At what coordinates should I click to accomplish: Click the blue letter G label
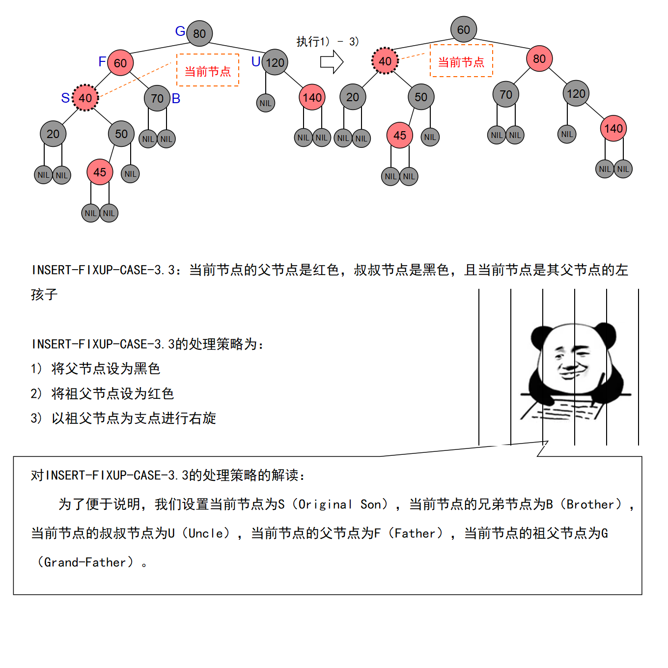tap(180, 31)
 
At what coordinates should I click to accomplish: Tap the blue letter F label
tap(102, 62)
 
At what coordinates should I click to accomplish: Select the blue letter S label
tap(65, 98)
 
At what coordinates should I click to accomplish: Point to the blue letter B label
tap(176, 98)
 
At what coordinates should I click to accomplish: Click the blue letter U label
tap(256, 62)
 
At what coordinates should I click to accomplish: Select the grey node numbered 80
tap(199, 33)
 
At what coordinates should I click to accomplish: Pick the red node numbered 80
tap(539, 58)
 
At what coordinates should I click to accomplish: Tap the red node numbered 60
tap(120, 63)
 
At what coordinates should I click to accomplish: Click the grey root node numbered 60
tap(464, 29)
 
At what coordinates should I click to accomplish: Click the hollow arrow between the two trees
tap(332, 62)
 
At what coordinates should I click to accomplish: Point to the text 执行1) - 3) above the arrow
tap(327, 42)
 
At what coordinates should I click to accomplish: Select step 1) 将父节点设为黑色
tap(95, 368)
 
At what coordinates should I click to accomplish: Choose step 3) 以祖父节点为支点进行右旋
tap(123, 418)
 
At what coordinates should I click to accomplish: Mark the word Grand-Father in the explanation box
tap(85, 562)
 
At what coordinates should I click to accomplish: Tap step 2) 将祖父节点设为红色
tap(102, 393)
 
